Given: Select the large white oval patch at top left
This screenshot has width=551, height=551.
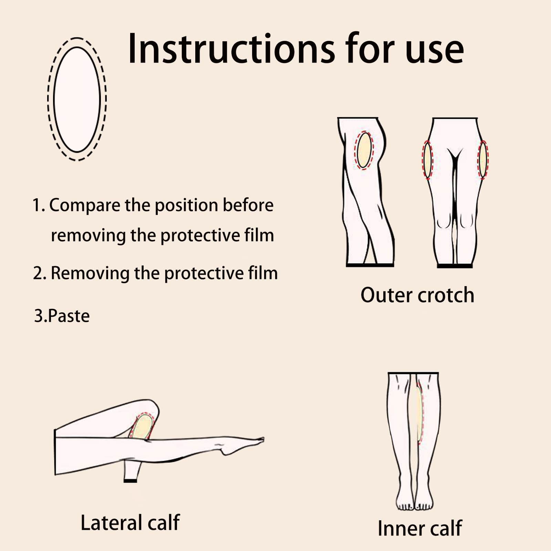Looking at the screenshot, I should pyautogui.click(x=77, y=100).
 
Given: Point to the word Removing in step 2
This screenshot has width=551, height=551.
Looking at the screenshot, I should pyautogui.click(x=90, y=273).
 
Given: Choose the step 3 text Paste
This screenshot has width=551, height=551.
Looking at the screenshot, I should pyautogui.click(x=69, y=316).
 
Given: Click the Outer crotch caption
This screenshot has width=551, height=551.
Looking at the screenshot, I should pyautogui.click(x=417, y=295).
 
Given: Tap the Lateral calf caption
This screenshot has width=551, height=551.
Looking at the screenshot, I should pyautogui.click(x=130, y=522).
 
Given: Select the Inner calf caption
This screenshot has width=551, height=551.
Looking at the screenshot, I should pyautogui.click(x=419, y=528).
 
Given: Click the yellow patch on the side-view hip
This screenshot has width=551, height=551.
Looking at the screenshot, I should pyautogui.click(x=364, y=150).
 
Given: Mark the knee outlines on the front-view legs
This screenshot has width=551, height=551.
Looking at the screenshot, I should pyautogui.click(x=455, y=221).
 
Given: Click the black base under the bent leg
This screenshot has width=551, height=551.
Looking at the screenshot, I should pyautogui.click(x=130, y=480).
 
